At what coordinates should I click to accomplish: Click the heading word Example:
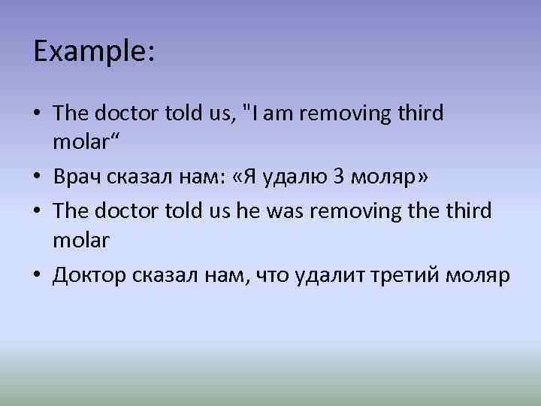pos(94,52)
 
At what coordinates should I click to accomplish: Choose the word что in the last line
pos(274,276)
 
